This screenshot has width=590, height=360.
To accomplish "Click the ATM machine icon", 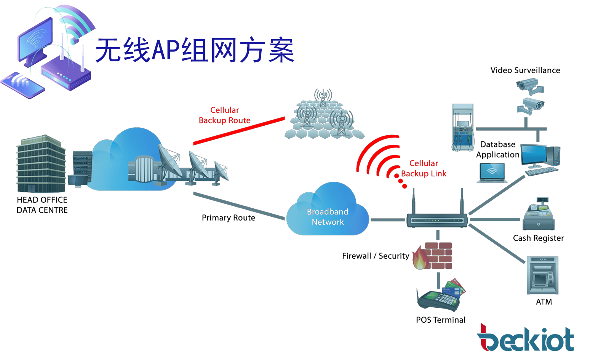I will pos(542,275).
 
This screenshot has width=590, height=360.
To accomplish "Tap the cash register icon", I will pos(539,215).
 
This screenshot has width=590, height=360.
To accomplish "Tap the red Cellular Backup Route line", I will pos(239,131).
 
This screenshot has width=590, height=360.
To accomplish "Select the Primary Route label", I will pos(228,218).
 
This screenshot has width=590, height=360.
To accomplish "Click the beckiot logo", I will pos(525,339).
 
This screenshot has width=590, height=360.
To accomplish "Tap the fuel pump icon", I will pos(462,127).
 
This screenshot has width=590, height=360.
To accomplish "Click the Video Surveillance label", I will pos(525,70).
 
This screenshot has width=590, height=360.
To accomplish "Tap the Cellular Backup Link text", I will pos(424,168).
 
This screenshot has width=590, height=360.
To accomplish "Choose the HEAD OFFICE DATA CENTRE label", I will pos(42,205).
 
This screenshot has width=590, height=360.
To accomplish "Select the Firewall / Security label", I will pos(375,256).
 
